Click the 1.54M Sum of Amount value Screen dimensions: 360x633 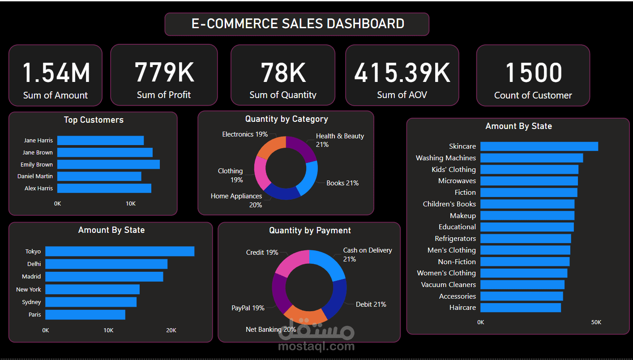point(56,73)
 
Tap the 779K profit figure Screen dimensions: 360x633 point(164,72)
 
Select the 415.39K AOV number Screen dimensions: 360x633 point(402,73)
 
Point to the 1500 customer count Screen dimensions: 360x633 point(533,73)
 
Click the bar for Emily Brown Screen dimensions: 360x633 point(108,164)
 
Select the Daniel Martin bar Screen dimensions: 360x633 point(99,176)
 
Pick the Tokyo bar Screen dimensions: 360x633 point(120,251)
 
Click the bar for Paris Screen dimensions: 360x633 point(85,315)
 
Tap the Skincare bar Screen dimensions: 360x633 point(539,146)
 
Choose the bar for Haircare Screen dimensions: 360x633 point(520,308)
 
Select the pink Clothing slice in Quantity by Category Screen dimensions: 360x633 point(260,173)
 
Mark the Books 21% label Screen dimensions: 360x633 point(342,183)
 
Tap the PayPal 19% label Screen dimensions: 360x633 point(248,308)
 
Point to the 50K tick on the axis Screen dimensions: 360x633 point(596,322)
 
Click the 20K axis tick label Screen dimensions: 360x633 point(171,330)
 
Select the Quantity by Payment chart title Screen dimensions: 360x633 point(310,231)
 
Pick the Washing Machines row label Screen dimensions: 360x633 point(445,158)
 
